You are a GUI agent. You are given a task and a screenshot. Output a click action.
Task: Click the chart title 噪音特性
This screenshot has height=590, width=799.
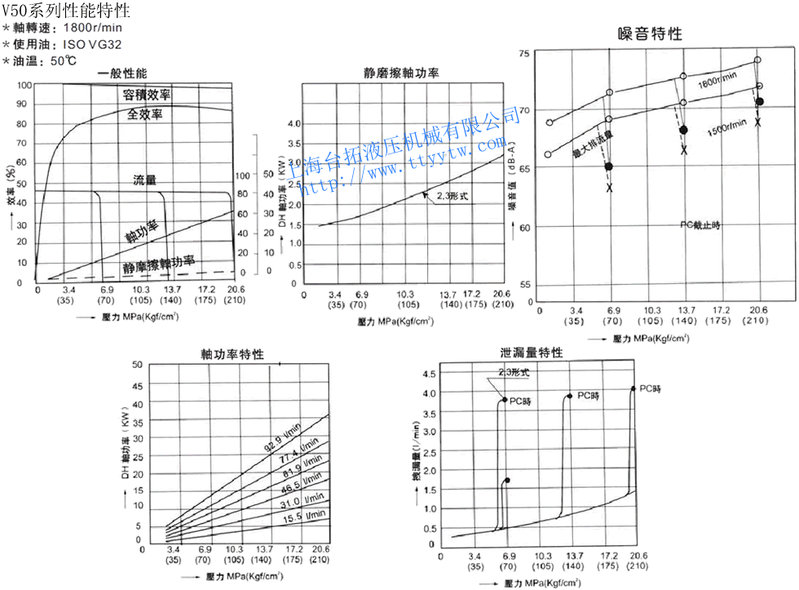click(650, 34)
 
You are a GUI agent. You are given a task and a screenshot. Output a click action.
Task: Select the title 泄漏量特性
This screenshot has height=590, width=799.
click(532, 353)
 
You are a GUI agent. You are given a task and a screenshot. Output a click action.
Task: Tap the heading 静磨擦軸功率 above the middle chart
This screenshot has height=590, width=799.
click(401, 73)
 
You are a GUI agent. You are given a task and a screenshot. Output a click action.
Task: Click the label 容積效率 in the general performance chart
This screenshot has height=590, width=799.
click(147, 95)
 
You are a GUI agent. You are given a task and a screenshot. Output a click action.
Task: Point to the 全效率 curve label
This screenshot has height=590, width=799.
click(145, 114)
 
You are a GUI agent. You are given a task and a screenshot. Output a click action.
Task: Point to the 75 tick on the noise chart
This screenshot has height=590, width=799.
click(524, 53)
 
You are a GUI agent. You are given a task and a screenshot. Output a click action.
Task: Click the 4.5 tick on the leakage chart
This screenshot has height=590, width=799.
click(427, 374)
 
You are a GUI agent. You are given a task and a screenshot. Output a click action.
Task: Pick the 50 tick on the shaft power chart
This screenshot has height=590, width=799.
click(137, 365)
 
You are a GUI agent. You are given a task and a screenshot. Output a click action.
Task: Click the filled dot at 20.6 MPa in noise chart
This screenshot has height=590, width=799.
click(759, 102)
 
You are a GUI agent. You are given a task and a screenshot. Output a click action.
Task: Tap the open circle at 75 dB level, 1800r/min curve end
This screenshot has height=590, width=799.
click(757, 60)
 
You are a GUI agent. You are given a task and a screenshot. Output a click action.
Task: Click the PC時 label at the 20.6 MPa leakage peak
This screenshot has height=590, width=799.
click(650, 389)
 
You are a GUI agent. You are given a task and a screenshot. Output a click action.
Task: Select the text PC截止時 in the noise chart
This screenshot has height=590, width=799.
click(700, 224)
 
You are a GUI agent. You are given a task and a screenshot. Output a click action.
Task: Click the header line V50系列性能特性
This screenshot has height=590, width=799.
click(65, 11)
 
